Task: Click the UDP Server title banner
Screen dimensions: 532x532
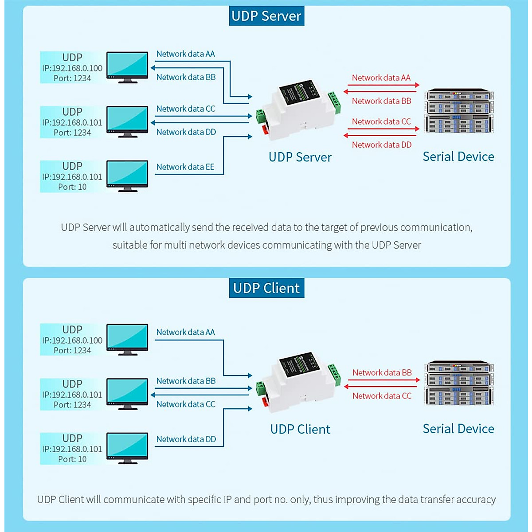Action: [x=266, y=16]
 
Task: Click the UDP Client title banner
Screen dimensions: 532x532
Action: [x=266, y=288]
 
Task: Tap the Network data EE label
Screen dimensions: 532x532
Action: [x=185, y=167]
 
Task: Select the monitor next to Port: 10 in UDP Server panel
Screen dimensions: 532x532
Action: [x=127, y=176]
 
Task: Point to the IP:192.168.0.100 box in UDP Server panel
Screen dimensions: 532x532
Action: [x=72, y=67]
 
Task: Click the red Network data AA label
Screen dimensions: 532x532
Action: [x=381, y=78]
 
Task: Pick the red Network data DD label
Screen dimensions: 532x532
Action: [x=381, y=145]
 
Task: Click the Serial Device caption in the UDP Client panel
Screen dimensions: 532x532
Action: [x=458, y=429]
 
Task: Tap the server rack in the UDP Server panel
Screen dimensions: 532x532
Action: [x=459, y=111]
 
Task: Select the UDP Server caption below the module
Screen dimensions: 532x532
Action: [x=300, y=157]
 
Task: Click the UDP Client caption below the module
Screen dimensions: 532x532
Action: [x=300, y=429]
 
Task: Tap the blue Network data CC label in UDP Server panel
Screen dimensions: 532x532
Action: [x=185, y=109]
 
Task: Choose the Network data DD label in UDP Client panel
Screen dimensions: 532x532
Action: [x=186, y=439]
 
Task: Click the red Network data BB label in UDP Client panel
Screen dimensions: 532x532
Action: [x=382, y=373]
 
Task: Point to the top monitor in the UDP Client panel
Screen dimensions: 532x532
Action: [x=127, y=340]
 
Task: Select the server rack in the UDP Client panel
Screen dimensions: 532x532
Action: [x=459, y=383]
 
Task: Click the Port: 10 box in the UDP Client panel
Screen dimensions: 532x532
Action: [x=72, y=449]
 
